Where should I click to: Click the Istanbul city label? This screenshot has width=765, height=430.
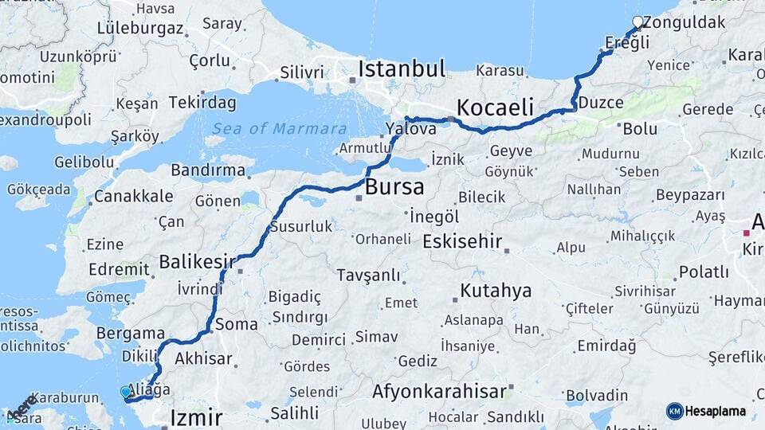402,69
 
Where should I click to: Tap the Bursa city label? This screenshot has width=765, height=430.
394,188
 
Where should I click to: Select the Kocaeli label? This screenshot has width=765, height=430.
495,107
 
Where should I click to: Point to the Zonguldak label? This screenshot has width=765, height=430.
684,22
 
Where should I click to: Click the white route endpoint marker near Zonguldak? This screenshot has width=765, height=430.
637,21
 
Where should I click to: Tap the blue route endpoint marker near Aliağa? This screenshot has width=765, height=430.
124,392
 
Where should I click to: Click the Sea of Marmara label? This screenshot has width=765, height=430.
279,129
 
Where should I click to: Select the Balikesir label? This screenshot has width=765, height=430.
197,261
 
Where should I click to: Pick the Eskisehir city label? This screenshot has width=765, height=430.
462,240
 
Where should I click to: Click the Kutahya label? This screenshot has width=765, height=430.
496,291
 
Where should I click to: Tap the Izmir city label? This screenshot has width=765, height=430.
196,417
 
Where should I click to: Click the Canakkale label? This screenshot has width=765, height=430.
134,196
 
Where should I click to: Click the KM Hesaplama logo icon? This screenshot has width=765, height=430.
675,411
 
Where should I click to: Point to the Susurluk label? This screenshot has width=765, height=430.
301,227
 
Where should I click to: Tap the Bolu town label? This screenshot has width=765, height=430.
640,128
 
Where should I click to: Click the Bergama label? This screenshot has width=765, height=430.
130,333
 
